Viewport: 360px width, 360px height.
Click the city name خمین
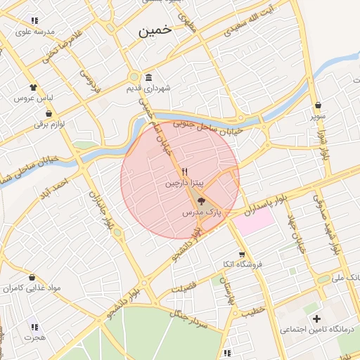(155, 31)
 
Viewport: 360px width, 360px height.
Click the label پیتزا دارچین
(184, 183)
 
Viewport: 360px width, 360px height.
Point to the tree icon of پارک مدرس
(202, 201)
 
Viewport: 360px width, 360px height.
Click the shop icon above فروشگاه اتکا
(242, 254)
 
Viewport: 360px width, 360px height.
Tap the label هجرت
(34, 337)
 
